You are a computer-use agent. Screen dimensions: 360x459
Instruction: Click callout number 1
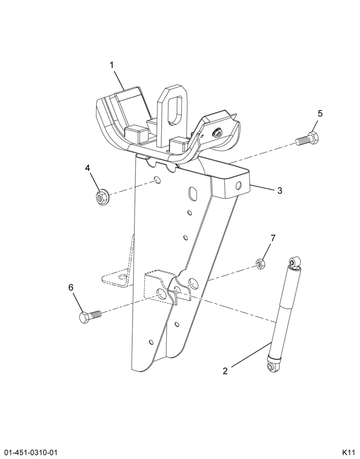(x=112, y=65)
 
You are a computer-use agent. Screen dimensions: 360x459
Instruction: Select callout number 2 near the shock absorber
(x=225, y=371)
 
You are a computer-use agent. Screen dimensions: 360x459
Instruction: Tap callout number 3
(x=280, y=190)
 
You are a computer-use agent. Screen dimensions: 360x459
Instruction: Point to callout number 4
(x=87, y=168)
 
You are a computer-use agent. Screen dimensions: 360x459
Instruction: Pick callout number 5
(x=320, y=113)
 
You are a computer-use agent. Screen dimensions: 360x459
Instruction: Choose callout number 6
(x=71, y=287)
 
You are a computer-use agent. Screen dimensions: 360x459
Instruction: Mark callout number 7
(x=273, y=238)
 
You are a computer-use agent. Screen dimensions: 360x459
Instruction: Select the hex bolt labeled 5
(x=307, y=140)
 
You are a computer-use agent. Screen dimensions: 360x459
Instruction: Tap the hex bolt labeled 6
(x=90, y=317)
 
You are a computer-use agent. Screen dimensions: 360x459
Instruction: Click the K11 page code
(x=349, y=451)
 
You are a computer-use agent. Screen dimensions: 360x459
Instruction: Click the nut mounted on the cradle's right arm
(x=216, y=133)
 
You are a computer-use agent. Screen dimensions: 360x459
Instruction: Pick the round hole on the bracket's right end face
(x=239, y=185)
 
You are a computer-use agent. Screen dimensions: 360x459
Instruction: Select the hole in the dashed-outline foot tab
(x=122, y=276)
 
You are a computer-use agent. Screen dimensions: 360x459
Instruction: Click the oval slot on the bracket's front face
(x=193, y=193)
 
